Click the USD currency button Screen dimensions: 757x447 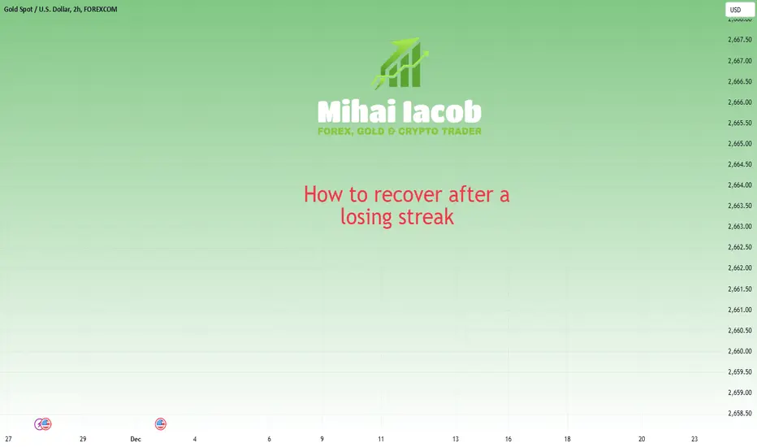pyautogui.click(x=740, y=10)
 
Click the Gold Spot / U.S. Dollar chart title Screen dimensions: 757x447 pyautogui.click(x=60, y=9)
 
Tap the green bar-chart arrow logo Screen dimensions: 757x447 pyautogui.click(x=400, y=63)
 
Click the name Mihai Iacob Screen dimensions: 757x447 pyautogui.click(x=400, y=111)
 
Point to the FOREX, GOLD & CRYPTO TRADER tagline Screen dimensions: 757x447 pyautogui.click(x=400, y=132)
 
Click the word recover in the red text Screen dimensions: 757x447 pyautogui.click(x=408, y=195)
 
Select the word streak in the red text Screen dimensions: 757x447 pyautogui.click(x=426, y=216)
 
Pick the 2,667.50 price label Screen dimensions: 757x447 pyautogui.click(x=740, y=40)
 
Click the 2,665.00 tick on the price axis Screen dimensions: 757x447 pyautogui.click(x=740, y=144)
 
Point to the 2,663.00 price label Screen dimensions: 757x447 pyautogui.click(x=740, y=226)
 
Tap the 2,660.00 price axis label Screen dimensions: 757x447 pyautogui.click(x=740, y=351)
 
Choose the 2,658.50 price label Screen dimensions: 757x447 pyautogui.click(x=740, y=413)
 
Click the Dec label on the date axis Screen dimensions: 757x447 pyautogui.click(x=136, y=439)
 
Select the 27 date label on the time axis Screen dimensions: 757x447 pyautogui.click(x=8, y=439)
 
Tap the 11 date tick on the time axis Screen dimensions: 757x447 pyautogui.click(x=381, y=439)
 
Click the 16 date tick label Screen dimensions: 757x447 pyautogui.click(x=508, y=439)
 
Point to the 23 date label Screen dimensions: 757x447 pyautogui.click(x=694, y=439)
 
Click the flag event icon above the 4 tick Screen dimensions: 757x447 pyautogui.click(x=161, y=424)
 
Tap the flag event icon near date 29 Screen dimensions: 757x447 pyautogui.click(x=45, y=424)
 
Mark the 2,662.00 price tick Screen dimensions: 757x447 pyautogui.click(x=740, y=267)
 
